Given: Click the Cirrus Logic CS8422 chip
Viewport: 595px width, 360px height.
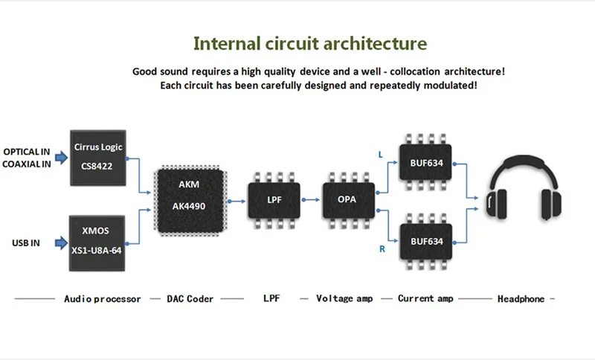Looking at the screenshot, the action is click(x=98, y=158).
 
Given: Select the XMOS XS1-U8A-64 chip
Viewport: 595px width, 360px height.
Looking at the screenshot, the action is click(x=97, y=243).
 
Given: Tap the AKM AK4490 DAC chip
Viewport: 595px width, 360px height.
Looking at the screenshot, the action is click(x=190, y=201).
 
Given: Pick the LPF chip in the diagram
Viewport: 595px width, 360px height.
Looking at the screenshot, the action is click(x=274, y=200).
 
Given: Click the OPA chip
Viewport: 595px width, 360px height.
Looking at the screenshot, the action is click(x=349, y=200).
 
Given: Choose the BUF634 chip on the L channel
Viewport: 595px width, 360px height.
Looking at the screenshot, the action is click(x=425, y=162).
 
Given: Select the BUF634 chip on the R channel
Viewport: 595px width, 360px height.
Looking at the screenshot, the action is click(x=425, y=241).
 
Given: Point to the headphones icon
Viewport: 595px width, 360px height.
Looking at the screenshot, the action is click(x=524, y=187).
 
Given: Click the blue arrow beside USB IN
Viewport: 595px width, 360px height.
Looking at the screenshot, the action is click(x=62, y=242).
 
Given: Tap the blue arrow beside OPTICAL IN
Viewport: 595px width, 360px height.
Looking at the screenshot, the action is click(x=62, y=158).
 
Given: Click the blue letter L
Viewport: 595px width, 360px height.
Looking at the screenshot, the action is click(x=381, y=155).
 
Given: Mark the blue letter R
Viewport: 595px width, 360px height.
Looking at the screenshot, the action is click(x=382, y=249).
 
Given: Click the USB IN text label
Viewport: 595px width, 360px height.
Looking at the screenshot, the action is click(x=26, y=242).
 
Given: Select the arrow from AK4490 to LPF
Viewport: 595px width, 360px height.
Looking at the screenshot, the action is click(x=237, y=201).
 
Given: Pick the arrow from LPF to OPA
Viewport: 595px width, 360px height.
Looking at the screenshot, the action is click(x=311, y=199).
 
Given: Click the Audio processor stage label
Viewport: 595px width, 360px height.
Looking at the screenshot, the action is click(x=103, y=299).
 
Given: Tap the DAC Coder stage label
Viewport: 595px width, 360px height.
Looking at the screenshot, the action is click(x=190, y=299).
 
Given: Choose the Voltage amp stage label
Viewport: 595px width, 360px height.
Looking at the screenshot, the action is click(x=344, y=298).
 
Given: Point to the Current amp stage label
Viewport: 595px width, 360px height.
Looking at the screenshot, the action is click(x=425, y=298).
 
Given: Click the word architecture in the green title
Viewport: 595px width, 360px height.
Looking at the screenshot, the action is click(x=375, y=43).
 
